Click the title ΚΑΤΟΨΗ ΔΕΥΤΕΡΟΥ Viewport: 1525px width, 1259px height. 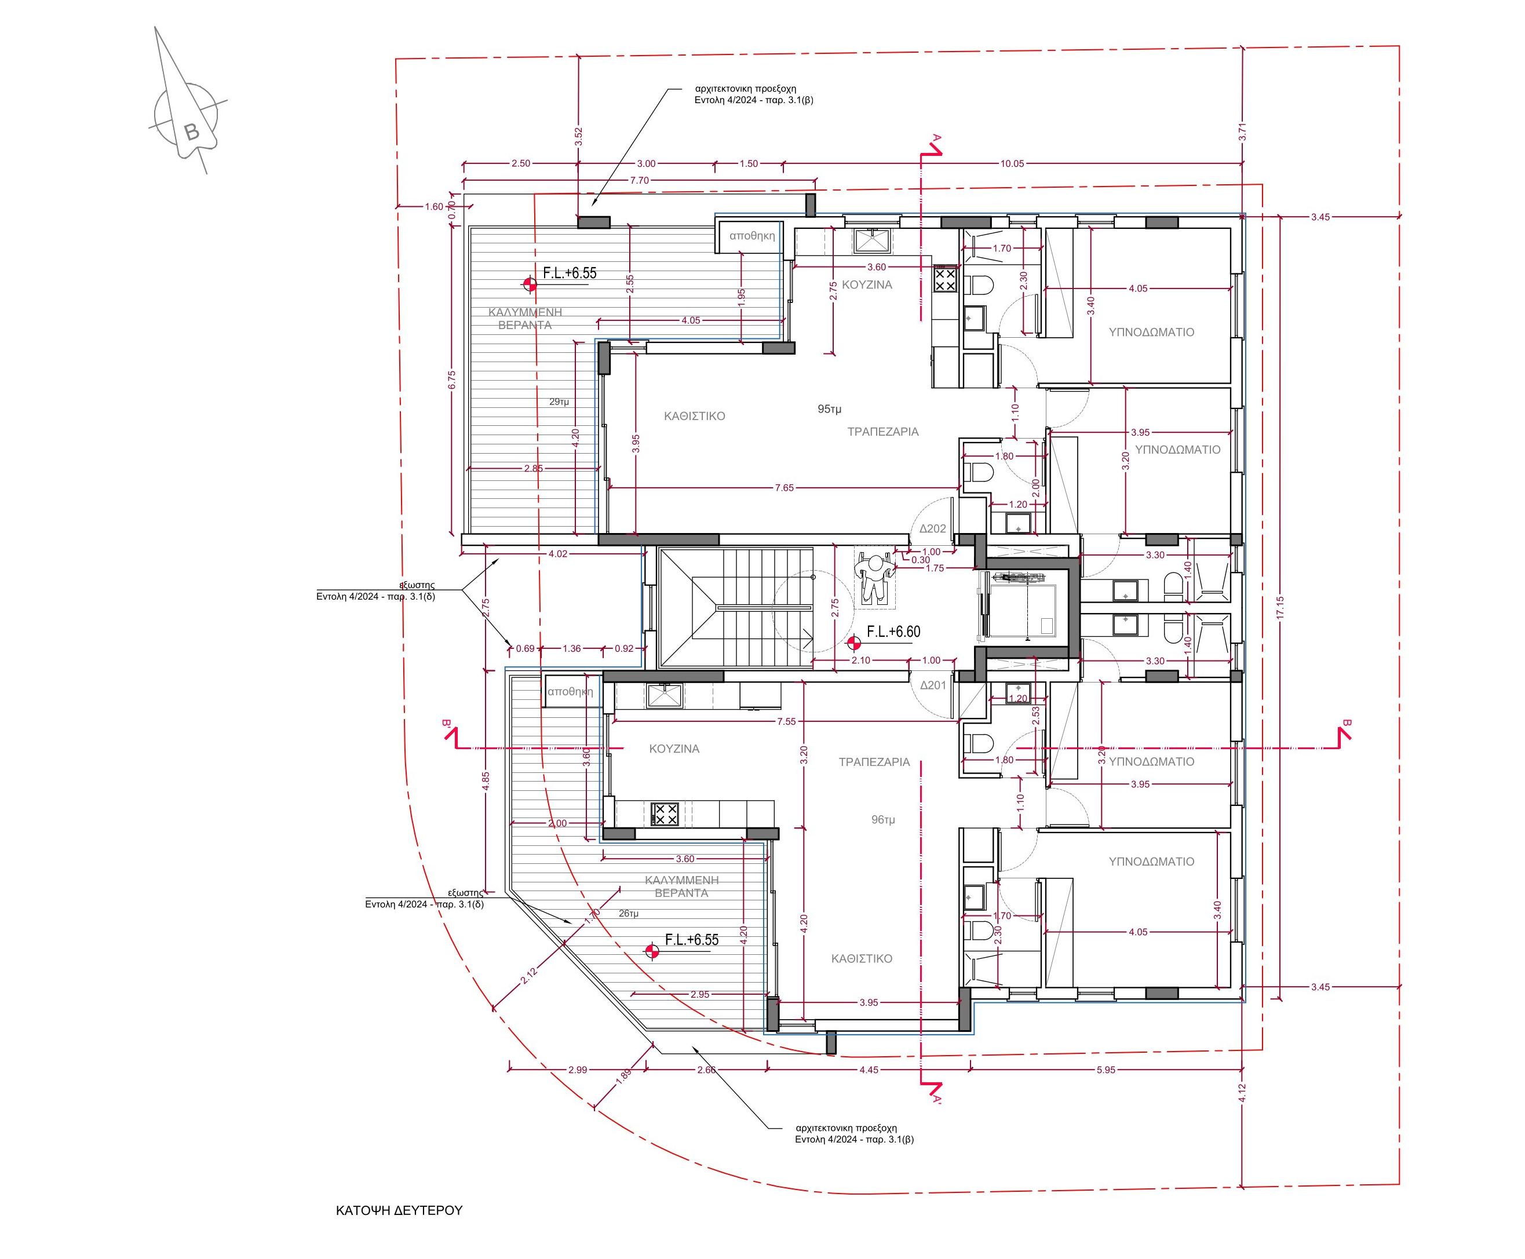click(x=398, y=1210)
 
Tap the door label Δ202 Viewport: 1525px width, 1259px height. click(x=932, y=529)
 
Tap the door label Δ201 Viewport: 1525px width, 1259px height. click(x=932, y=685)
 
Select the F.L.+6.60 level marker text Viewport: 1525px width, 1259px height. click(x=893, y=632)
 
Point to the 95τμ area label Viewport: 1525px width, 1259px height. click(x=830, y=409)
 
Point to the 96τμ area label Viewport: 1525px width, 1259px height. click(x=882, y=819)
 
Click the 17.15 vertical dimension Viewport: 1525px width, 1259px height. click(x=1279, y=608)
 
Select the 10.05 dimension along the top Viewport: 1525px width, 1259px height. click(x=1012, y=164)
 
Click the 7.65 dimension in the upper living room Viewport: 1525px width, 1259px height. click(x=784, y=488)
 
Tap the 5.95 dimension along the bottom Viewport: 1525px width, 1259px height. click(x=1105, y=1070)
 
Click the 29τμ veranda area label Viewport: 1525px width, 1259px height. click(x=559, y=401)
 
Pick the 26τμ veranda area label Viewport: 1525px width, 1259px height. click(x=629, y=914)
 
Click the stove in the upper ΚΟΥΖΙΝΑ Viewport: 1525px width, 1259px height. click(x=945, y=280)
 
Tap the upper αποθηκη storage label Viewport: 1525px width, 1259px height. click(x=751, y=236)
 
